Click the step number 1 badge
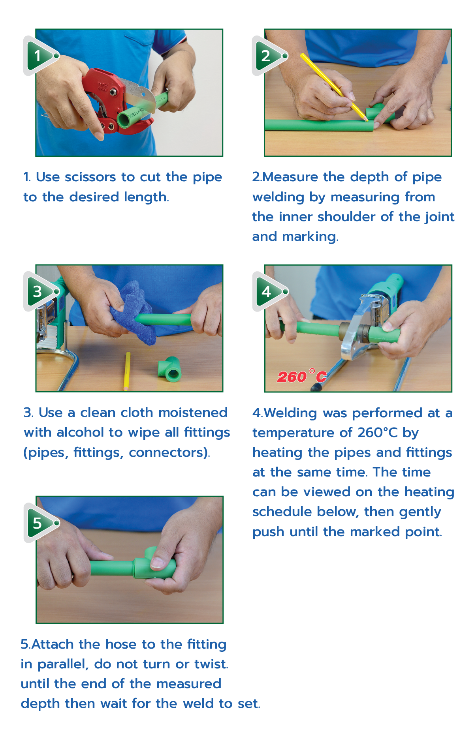point(40,56)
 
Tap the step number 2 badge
point(268,56)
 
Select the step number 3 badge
point(40,291)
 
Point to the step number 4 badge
point(269,291)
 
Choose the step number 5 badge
point(40,523)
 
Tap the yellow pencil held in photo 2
point(334,87)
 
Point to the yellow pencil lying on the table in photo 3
point(127,371)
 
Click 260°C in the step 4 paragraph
point(377,433)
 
